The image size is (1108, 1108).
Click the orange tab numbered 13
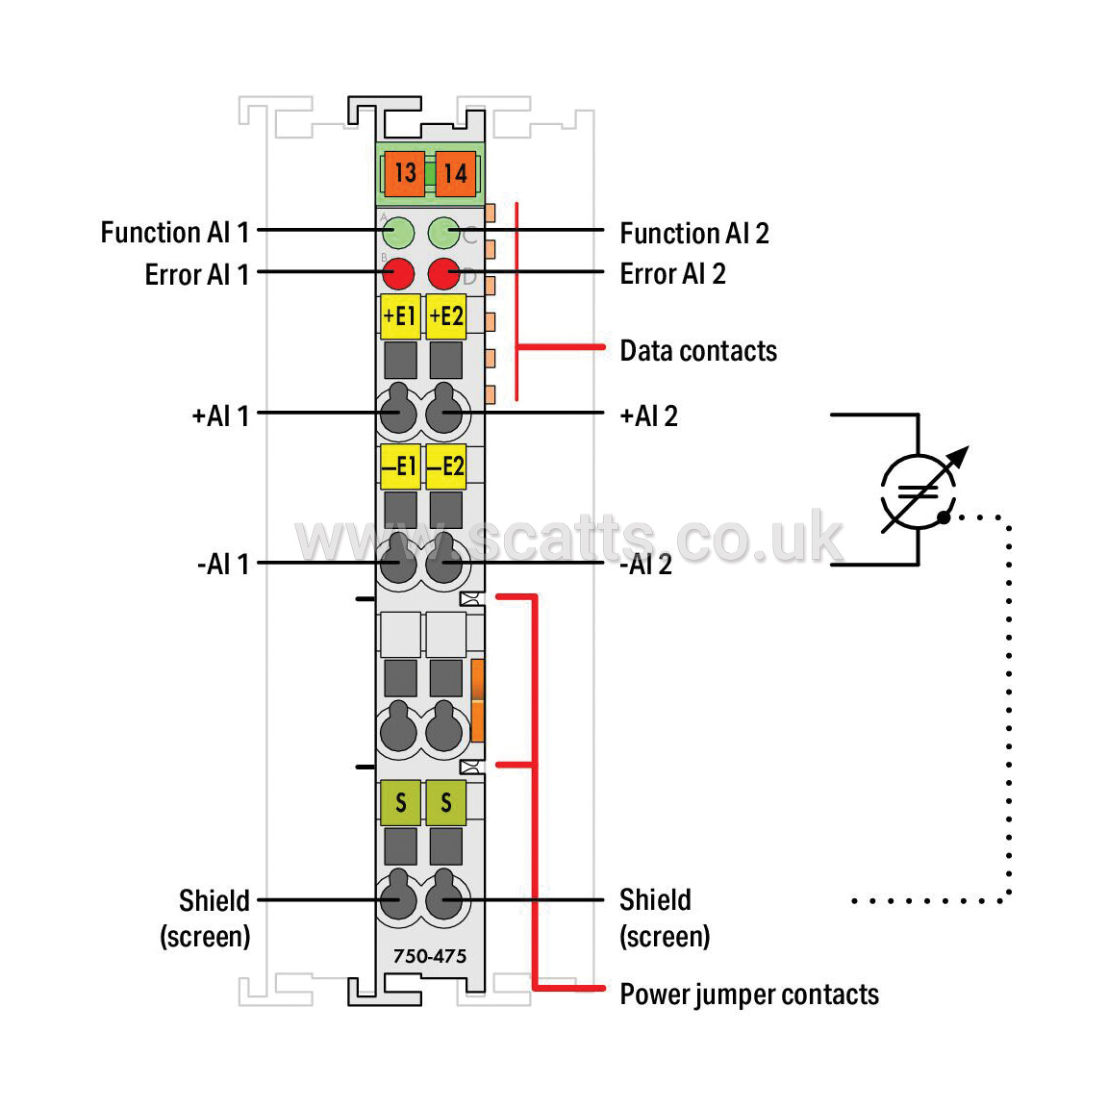[x=404, y=173]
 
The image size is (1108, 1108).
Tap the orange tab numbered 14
[x=456, y=173]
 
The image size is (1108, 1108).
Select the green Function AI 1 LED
[x=398, y=233]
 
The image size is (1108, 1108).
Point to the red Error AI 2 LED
[x=443, y=273]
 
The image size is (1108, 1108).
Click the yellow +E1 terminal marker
[x=400, y=316]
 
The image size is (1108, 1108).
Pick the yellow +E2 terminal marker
[x=446, y=316]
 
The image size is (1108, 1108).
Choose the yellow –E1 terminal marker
[x=400, y=466]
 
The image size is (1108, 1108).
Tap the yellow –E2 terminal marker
[x=446, y=466]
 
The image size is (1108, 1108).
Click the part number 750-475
[x=430, y=956]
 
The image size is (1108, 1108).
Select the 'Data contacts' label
[x=698, y=351]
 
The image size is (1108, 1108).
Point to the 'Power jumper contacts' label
[x=749, y=995]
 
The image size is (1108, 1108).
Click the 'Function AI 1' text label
[x=174, y=233]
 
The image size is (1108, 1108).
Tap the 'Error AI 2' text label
[x=672, y=274]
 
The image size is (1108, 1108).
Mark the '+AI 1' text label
[x=220, y=416]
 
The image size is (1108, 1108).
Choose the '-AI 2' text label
[x=646, y=565]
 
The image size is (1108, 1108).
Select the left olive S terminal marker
[x=400, y=803]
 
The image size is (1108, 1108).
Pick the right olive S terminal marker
[x=446, y=803]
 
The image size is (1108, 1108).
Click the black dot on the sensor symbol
[x=944, y=518]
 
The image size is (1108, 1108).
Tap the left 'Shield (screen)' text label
[x=205, y=919]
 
